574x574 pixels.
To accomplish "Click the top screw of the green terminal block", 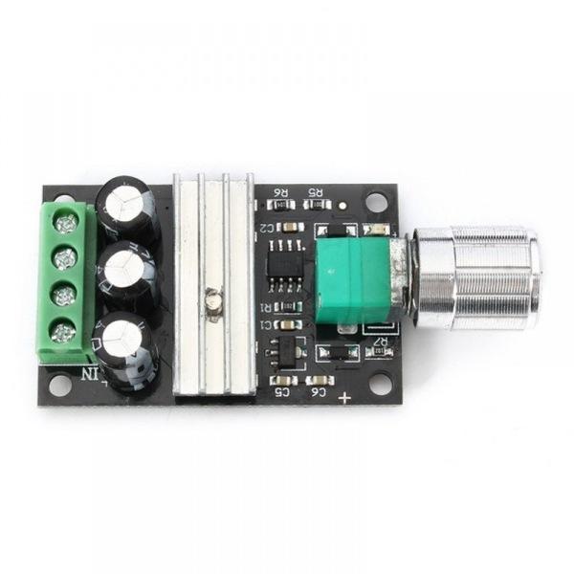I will [x=65, y=224].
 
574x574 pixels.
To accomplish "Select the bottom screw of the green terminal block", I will [x=63, y=333].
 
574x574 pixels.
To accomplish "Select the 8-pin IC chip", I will [x=283, y=269].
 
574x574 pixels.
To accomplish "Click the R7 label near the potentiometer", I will [x=380, y=340].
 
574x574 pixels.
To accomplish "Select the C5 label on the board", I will [x=283, y=390].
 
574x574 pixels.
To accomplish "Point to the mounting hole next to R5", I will [x=376, y=202].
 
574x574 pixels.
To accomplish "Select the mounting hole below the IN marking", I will [x=59, y=386].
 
